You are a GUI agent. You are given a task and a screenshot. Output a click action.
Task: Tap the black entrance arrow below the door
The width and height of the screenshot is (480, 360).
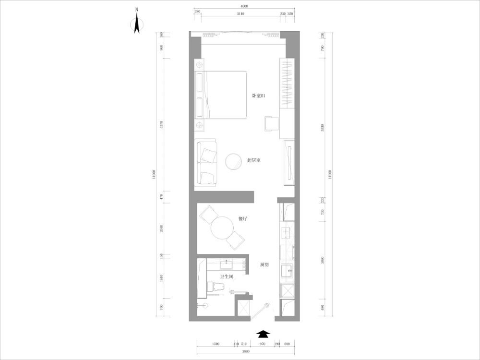(263, 334)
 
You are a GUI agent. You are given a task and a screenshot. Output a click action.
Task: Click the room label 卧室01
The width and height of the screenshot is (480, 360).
(259, 96)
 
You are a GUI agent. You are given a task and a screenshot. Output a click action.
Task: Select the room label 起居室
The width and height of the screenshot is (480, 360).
(253, 160)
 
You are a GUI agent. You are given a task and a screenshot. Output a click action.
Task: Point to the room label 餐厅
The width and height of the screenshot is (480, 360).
(243, 218)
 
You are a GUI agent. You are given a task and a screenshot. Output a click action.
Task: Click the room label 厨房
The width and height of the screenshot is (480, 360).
(264, 264)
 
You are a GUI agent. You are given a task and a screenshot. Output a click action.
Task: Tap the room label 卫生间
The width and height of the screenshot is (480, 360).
(227, 277)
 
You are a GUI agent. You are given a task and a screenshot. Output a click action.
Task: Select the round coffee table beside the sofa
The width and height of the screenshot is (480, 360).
(235, 162)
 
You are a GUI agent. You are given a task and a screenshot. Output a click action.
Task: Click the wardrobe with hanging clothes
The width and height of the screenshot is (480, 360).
(287, 84)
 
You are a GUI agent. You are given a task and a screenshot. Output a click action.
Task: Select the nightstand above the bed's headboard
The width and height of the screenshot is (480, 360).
(199, 64)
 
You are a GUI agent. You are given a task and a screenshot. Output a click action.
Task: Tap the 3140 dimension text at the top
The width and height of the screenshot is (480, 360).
(240, 14)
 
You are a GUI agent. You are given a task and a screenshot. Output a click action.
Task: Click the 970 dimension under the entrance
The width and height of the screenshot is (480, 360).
(262, 344)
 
